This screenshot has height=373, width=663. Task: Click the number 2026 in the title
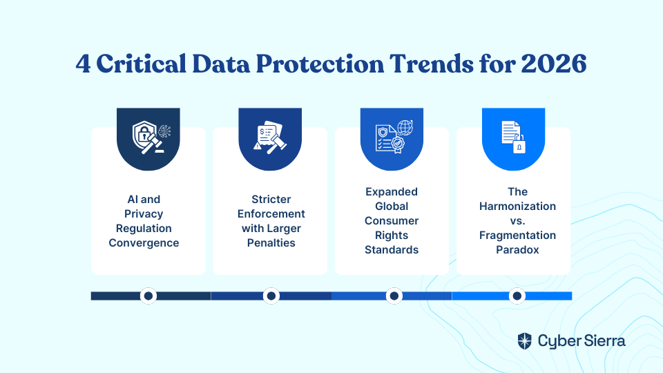click(554, 64)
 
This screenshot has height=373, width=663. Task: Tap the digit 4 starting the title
click(84, 64)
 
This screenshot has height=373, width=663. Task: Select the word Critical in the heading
click(141, 64)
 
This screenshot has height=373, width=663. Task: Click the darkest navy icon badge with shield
click(148, 139)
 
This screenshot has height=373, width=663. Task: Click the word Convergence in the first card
click(144, 243)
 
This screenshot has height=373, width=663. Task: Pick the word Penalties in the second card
click(271, 243)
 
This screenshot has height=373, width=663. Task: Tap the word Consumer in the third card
click(392, 221)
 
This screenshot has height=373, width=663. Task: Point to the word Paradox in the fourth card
click(517, 250)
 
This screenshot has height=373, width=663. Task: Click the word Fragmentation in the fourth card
click(517, 236)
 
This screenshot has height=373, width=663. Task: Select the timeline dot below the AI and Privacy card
click(148, 296)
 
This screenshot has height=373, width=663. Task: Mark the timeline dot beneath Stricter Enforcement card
click(271, 296)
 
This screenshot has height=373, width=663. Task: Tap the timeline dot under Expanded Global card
click(394, 296)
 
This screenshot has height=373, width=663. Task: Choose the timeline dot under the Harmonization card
click(517, 296)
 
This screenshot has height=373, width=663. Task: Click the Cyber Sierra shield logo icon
click(525, 341)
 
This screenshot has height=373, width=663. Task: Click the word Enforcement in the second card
click(271, 214)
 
